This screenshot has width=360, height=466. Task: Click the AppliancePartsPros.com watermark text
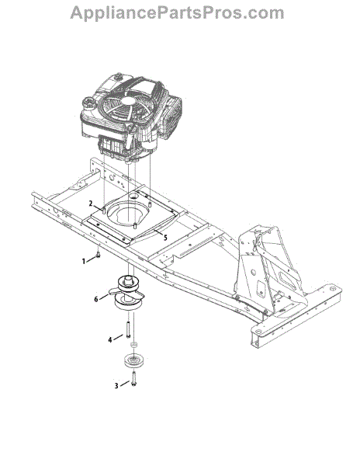coord(177,12)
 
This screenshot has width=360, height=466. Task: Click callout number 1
coord(84,261)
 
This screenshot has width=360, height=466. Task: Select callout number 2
coord(92,203)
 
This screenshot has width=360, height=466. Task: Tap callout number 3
coord(116,386)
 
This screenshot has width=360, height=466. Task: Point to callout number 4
coord(110,339)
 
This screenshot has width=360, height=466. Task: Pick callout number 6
coord(96,299)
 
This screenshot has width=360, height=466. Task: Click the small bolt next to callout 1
coord(98,254)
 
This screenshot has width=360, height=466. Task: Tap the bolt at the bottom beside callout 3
coord(133,379)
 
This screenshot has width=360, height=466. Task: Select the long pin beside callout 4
coord(128,330)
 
